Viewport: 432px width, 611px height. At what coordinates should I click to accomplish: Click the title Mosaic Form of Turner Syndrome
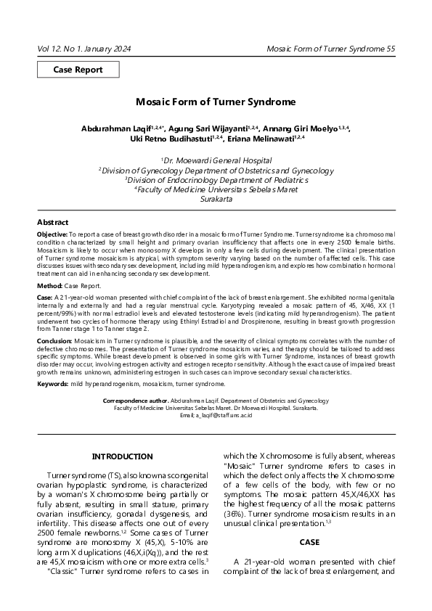(x=216, y=103)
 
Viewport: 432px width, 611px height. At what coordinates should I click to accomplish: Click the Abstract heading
(x=53, y=222)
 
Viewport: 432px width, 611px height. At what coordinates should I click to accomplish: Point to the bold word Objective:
(x=52, y=236)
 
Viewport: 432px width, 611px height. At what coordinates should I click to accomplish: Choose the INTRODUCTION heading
(x=121, y=456)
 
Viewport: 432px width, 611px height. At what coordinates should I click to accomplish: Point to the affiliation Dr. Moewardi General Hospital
(x=219, y=160)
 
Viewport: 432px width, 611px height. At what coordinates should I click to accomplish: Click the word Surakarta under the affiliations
(x=216, y=198)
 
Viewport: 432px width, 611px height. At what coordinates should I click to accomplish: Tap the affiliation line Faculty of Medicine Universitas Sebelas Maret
(x=219, y=189)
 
